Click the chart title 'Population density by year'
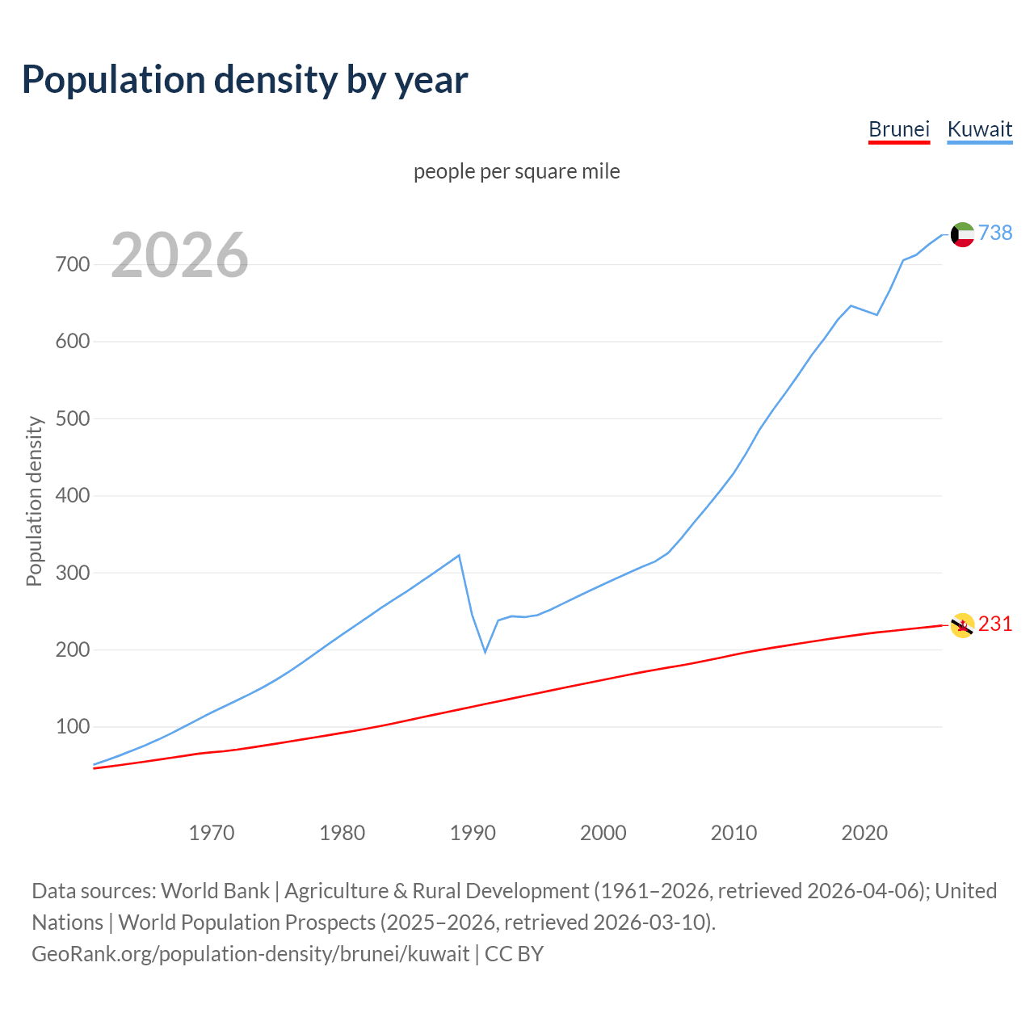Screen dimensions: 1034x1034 click(245, 79)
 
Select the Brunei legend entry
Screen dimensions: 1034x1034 click(898, 129)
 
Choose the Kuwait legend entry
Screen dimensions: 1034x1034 click(979, 129)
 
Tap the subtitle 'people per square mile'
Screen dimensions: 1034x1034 click(516, 171)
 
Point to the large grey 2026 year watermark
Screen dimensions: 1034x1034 click(179, 255)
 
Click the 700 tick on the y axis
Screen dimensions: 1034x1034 click(72, 264)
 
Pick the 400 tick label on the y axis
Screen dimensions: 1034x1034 click(72, 495)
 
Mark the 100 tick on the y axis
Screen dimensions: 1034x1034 click(72, 726)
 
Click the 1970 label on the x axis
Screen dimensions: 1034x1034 click(211, 832)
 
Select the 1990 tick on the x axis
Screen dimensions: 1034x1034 click(473, 832)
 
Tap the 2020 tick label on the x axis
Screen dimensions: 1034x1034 click(864, 832)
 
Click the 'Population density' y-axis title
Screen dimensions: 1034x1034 click(34, 501)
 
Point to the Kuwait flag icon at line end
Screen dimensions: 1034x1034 click(962, 234)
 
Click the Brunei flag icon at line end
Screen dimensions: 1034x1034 click(962, 625)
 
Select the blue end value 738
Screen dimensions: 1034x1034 click(995, 233)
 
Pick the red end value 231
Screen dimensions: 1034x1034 click(995, 624)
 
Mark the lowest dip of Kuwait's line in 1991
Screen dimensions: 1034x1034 click(485, 651)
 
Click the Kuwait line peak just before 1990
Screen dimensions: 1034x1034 click(459, 556)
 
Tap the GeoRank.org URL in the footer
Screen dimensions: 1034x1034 click(250, 953)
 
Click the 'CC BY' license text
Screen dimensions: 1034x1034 click(514, 953)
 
